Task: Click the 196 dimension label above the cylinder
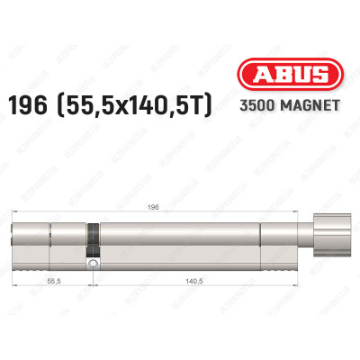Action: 180,205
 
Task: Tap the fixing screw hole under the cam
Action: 90,265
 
